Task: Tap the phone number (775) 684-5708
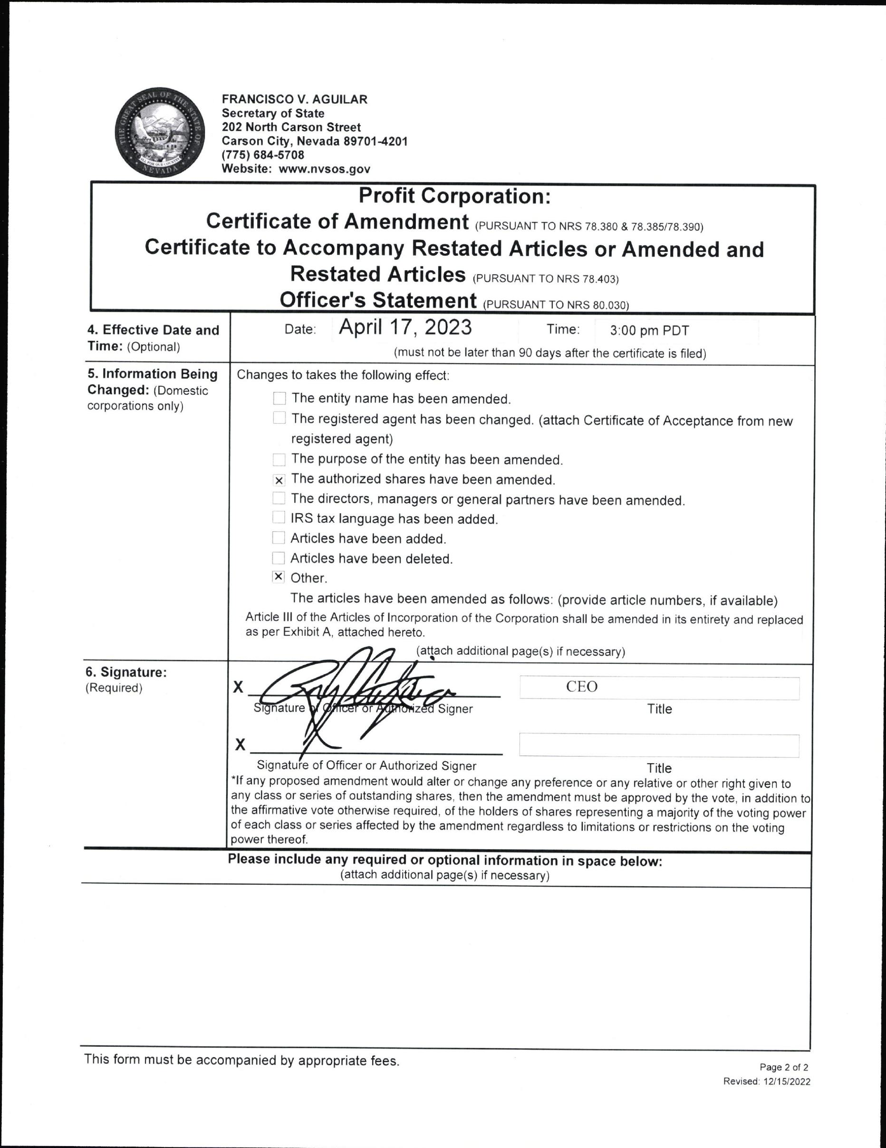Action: coord(262,155)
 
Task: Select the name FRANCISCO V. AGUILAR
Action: coord(294,99)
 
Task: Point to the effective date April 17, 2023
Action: coord(405,327)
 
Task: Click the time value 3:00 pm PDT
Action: coord(649,331)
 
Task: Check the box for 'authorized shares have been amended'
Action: coord(279,480)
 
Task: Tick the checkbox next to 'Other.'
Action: coord(279,577)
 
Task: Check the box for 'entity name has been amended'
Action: coord(279,399)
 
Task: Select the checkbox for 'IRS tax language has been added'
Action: coord(279,518)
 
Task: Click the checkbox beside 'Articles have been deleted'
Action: coord(279,558)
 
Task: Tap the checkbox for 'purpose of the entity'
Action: coord(279,460)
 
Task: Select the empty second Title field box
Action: coord(659,746)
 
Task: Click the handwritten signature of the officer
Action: coord(352,689)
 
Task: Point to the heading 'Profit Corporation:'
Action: coord(454,196)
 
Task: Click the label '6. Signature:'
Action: coord(126,672)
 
